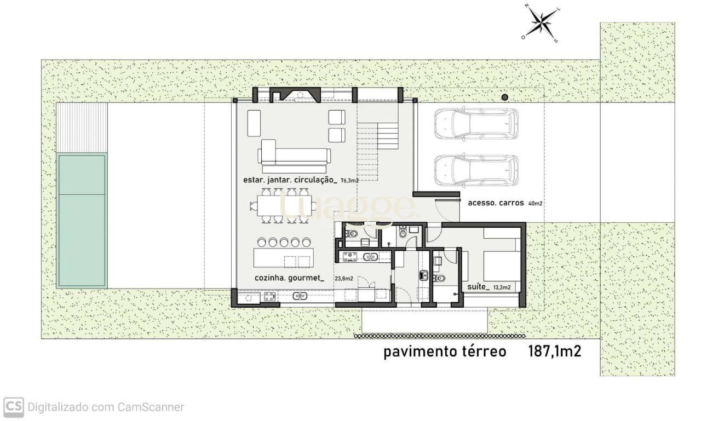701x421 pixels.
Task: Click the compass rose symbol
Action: click(541, 23)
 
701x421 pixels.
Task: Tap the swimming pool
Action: click(82, 221)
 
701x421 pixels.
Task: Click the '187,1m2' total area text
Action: click(555, 351)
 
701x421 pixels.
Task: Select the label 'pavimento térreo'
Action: click(445, 352)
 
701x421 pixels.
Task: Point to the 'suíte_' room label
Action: click(478, 287)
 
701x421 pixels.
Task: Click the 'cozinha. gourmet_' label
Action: click(289, 278)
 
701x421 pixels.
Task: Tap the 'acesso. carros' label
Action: click(496, 203)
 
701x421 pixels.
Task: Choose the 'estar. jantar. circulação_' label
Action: click(290, 180)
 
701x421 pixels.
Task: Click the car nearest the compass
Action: click(476, 123)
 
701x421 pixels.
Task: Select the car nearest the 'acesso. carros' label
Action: click(476, 170)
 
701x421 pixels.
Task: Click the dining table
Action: click(284, 205)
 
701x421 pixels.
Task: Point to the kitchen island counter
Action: click(284, 258)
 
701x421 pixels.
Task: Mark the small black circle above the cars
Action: click(504, 97)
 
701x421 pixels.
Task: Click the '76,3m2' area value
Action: click(349, 181)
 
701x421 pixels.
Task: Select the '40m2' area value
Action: click(535, 204)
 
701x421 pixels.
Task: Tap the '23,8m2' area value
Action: click(344, 278)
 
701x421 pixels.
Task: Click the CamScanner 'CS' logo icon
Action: click(14, 407)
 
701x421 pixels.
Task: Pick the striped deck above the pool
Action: click(82, 128)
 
